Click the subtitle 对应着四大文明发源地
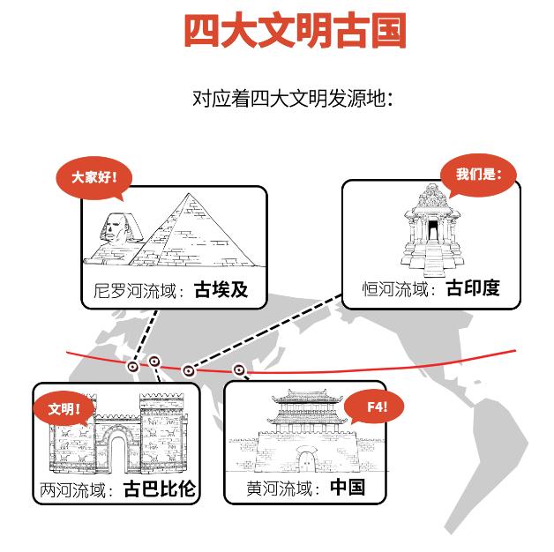click(x=291, y=98)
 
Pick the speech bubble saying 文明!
click(x=64, y=409)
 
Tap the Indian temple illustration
click(x=430, y=229)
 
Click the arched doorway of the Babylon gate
click(x=117, y=451)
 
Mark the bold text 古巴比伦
click(x=160, y=489)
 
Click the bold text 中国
click(x=347, y=488)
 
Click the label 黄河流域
click(x=281, y=489)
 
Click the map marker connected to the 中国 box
click(x=238, y=369)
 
